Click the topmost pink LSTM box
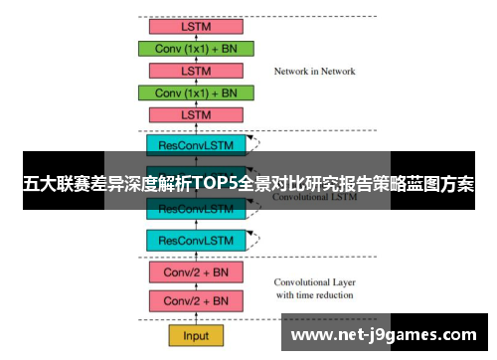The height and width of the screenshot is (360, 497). (x=197, y=26)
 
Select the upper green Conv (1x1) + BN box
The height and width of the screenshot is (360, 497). (x=197, y=48)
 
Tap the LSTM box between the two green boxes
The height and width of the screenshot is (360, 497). (x=197, y=71)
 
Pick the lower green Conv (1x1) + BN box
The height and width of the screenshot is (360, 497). (x=197, y=92)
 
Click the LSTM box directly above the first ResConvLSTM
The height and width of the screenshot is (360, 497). (x=197, y=115)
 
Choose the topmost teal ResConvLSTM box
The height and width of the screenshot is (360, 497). (x=196, y=144)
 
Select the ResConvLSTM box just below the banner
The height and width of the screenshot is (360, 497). (x=196, y=210)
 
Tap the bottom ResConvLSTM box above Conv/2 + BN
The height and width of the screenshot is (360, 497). (x=196, y=240)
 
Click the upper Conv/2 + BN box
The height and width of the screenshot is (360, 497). (x=196, y=271)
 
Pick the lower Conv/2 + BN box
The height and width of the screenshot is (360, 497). (x=196, y=300)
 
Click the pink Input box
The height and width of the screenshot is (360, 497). (x=196, y=336)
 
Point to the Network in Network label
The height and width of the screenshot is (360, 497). (x=314, y=72)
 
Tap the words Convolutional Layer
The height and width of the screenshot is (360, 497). (x=315, y=281)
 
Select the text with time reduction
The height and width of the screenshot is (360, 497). (x=315, y=294)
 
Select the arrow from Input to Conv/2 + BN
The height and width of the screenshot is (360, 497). (x=196, y=318)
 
